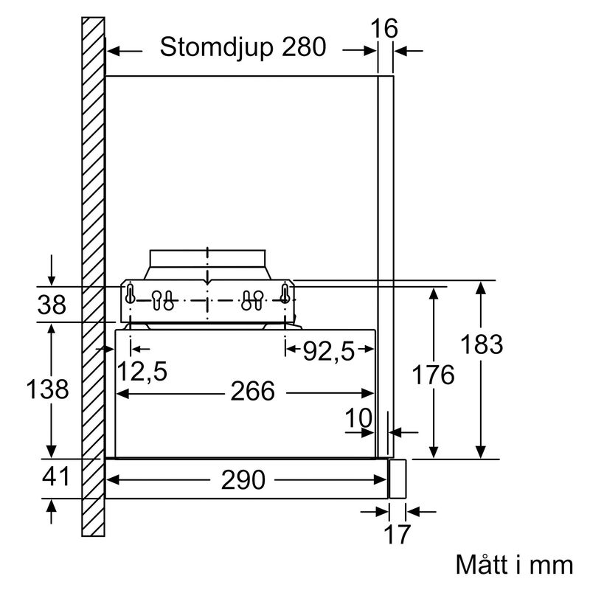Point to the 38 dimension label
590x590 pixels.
tap(51, 305)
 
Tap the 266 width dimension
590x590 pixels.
tap(252, 391)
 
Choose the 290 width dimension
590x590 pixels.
tap(243, 480)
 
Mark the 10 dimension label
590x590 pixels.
tap(359, 418)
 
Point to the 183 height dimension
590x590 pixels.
tap(482, 344)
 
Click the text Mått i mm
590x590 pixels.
tap(513, 566)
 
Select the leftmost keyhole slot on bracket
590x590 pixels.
tap(131, 294)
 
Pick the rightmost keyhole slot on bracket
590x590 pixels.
tap(284, 294)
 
